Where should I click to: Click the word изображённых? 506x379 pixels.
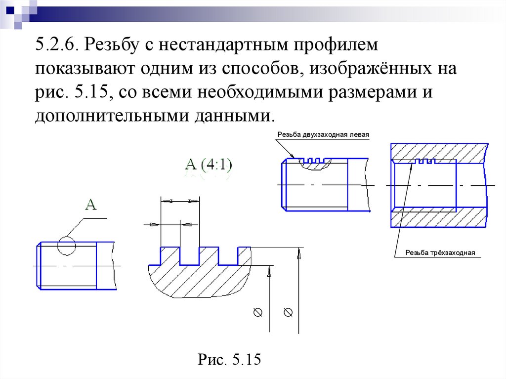(x=365, y=70)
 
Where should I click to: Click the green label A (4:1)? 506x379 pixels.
(x=209, y=165)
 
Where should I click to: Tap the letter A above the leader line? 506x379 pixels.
(x=90, y=204)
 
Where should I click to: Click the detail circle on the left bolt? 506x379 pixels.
(x=66, y=246)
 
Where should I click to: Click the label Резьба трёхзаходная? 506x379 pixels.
(x=440, y=253)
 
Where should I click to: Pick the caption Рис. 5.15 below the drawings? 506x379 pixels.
(x=229, y=359)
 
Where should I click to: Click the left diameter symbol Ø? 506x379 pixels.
(x=257, y=312)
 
